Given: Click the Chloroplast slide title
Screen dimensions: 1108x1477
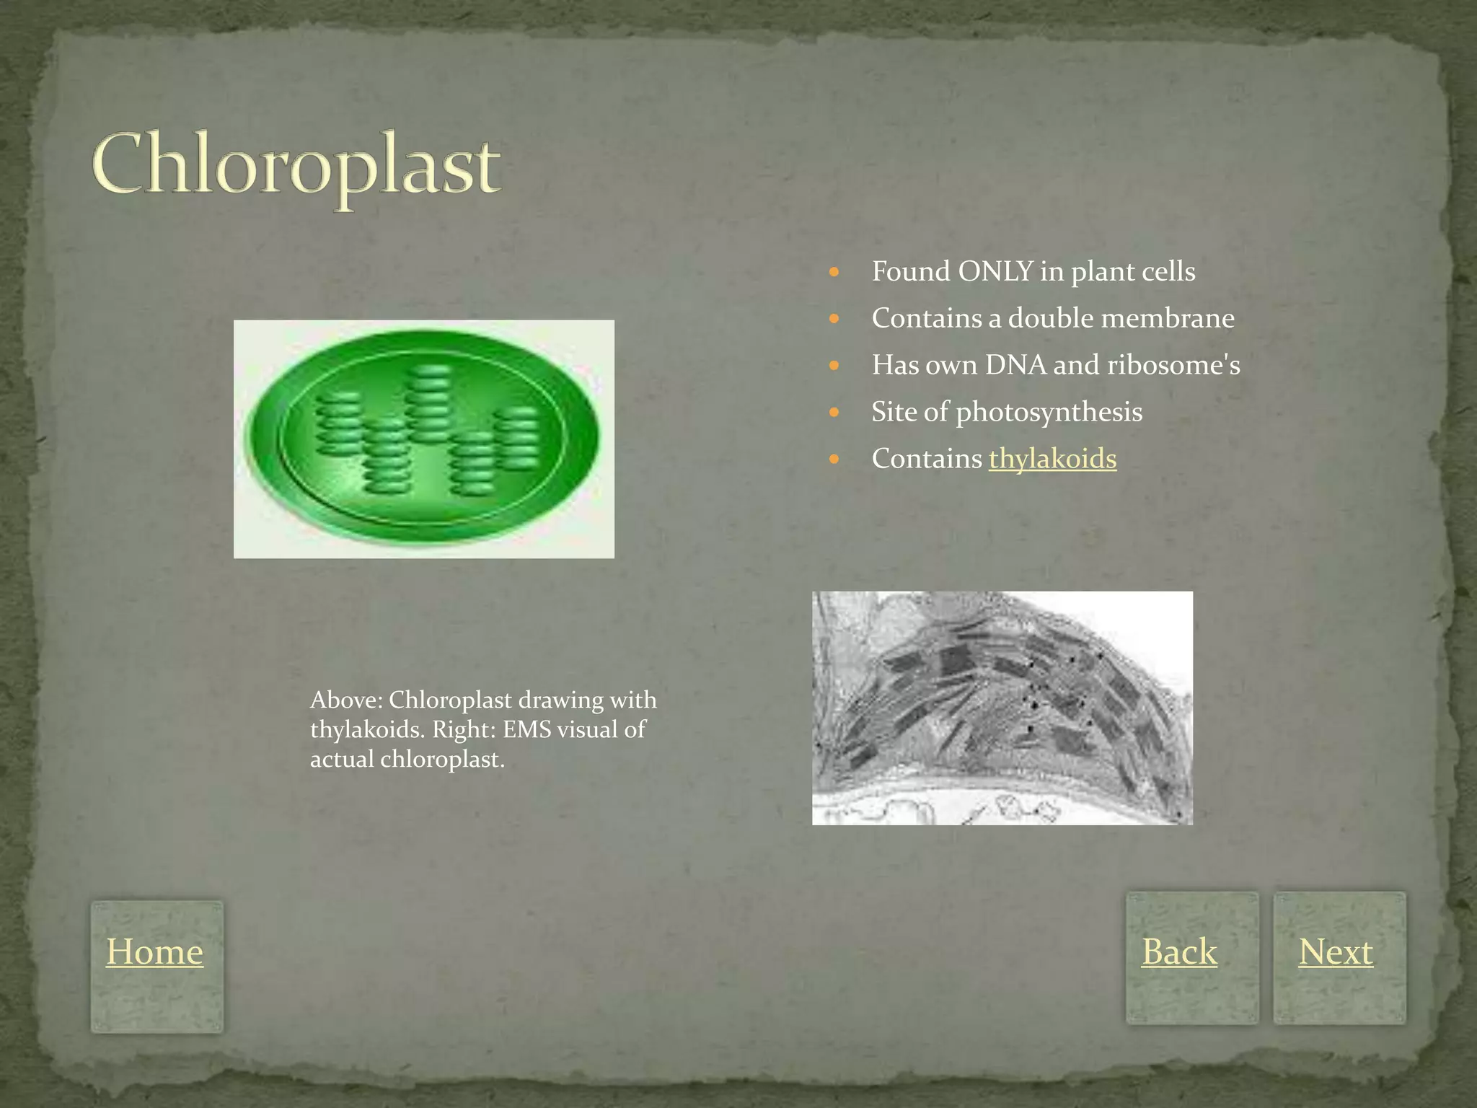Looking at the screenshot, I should tap(296, 166).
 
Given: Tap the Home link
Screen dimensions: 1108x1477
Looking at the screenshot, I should tap(154, 951).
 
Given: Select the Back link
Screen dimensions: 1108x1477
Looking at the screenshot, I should tap(1179, 951).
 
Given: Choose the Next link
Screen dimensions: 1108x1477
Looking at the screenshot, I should tap(1336, 951).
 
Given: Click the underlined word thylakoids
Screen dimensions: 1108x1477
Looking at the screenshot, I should tap(1052, 459).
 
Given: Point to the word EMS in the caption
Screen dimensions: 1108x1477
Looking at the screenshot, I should tap(526, 729).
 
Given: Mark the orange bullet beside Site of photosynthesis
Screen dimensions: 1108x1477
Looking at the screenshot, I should tap(834, 413).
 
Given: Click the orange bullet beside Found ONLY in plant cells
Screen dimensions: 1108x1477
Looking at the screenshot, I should tap(834, 273).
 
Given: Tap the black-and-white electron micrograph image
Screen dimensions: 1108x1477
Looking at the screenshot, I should tap(1002, 708).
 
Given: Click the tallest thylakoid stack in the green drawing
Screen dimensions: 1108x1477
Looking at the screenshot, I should tap(429, 404).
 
